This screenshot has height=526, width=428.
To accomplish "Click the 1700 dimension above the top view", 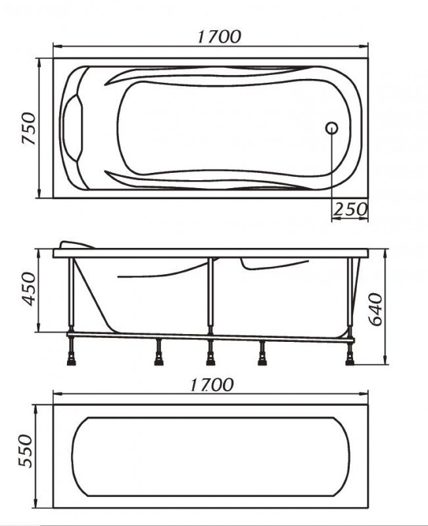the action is click(x=219, y=37).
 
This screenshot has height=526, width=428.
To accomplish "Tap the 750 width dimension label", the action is click(x=29, y=128).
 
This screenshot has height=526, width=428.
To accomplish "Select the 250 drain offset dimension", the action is click(x=350, y=210).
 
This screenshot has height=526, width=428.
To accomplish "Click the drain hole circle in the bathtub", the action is click(x=331, y=128).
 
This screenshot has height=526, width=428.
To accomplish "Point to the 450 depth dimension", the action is click(x=29, y=289).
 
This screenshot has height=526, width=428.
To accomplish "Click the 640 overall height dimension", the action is click(x=375, y=309).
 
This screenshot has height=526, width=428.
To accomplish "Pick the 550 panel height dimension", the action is click(x=26, y=451).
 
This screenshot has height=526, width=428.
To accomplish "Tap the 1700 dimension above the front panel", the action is click(x=212, y=385).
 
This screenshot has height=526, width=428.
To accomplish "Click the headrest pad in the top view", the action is click(x=72, y=128).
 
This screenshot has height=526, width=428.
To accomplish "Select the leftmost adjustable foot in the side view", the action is click(x=72, y=354).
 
